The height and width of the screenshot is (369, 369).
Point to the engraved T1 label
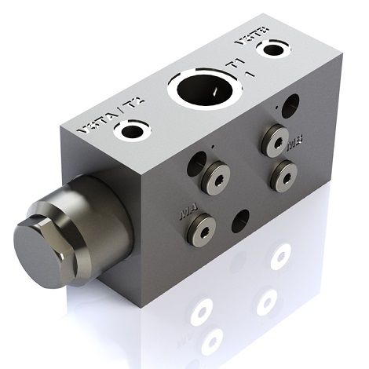click(232, 63)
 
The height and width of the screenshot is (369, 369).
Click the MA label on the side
click(188, 211)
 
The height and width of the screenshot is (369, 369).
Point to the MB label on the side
click(295, 144)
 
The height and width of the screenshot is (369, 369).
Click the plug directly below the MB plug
click(281, 175)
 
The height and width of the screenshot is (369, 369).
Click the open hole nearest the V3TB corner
click(293, 102)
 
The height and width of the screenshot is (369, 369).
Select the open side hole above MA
click(196, 163)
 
